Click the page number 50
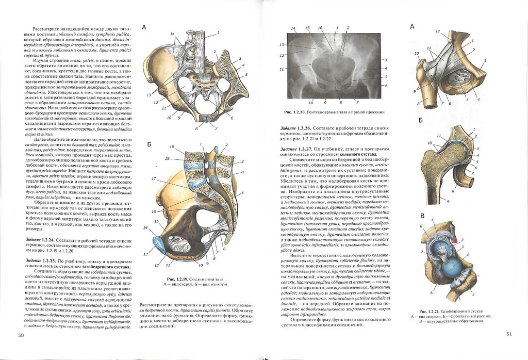pyautogui.click(x=21, y=335)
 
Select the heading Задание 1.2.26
pyautogui.click(x=295, y=128)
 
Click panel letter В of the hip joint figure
pyautogui.click(x=421, y=216)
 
